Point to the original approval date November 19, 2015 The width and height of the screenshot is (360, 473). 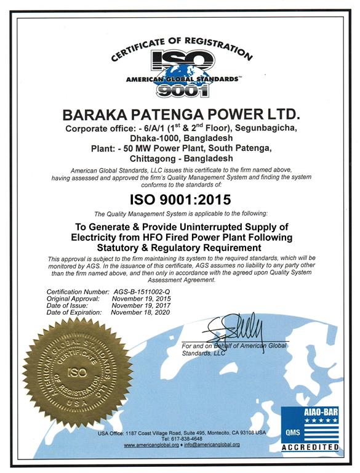point(140,297)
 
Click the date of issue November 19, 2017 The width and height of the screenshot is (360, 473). point(140,305)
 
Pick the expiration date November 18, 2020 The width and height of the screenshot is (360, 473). point(140,312)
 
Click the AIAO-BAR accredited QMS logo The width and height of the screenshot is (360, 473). point(310,429)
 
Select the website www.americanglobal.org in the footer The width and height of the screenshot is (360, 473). point(151,445)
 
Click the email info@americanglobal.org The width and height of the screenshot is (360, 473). point(212,445)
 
